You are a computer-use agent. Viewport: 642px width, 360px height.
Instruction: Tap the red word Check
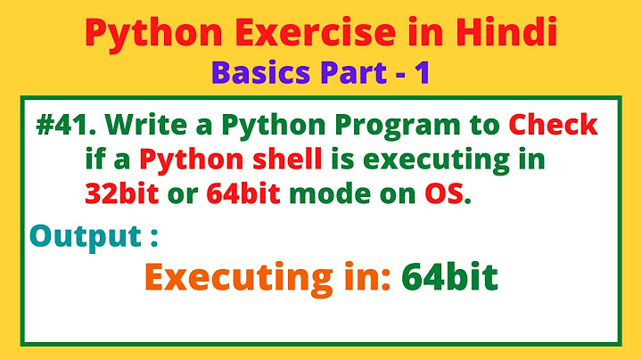pos(550,126)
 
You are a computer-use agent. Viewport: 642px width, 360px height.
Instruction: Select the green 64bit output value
pos(449,277)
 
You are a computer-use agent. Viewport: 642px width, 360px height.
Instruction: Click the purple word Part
pos(349,73)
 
